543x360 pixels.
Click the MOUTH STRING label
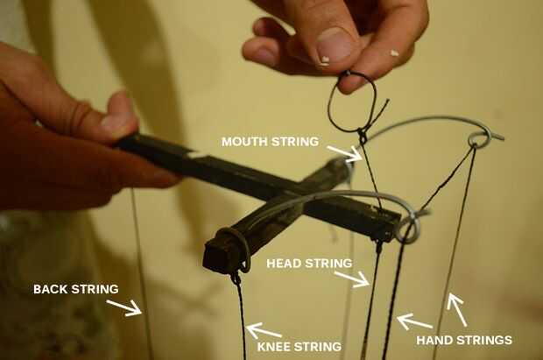point(270,141)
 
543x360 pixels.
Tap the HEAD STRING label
point(309,264)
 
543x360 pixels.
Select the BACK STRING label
point(76,289)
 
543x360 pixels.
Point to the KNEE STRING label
point(300,347)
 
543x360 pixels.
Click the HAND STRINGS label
point(464,340)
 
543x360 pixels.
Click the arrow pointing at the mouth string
point(344,153)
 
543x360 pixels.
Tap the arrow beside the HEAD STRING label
point(352,279)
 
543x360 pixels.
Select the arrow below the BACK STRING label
point(124,307)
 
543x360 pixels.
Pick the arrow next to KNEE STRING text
point(264,330)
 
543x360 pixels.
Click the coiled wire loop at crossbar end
point(408,228)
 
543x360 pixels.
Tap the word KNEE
point(273,347)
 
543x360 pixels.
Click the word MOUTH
point(244,141)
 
